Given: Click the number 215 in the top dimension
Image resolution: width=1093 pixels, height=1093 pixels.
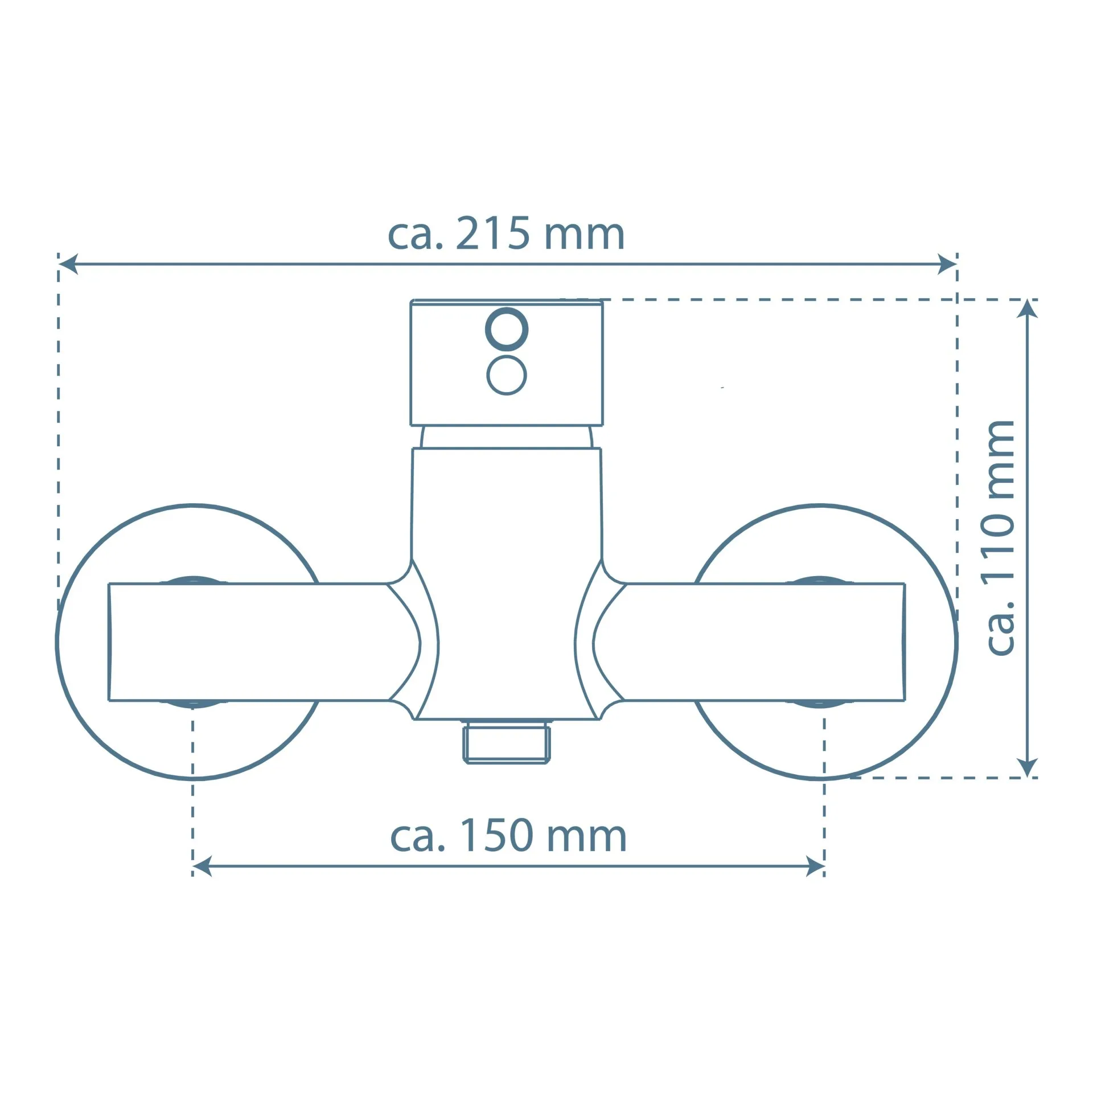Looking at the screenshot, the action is coord(493,233).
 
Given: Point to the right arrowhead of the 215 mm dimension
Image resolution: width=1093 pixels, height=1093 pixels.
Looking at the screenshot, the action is coord(947,264).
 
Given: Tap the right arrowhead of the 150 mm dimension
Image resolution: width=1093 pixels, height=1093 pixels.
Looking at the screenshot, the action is coord(815,867).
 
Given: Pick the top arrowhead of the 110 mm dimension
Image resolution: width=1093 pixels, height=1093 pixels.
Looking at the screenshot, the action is coord(1026,309).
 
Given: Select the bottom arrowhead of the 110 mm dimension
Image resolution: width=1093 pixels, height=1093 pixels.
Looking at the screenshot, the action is coord(1026,767).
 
